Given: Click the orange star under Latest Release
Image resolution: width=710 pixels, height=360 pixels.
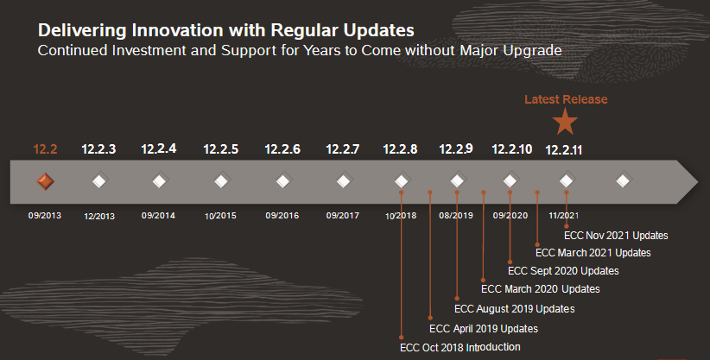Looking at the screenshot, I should pos(565,122).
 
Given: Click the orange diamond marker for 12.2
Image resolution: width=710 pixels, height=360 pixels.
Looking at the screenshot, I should pos(45,181).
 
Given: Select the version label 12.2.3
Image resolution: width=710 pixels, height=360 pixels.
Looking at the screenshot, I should pos(98,149).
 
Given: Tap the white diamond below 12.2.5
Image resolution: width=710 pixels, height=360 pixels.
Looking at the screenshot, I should pos(221,181).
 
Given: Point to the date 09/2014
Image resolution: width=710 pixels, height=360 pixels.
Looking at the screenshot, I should pos(159,215).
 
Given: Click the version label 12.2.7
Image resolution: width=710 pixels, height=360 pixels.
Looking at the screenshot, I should pos(343,149).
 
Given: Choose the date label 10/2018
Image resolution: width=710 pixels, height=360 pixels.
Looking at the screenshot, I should pos(401,215).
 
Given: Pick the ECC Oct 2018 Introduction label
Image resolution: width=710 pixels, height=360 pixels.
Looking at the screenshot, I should pos(460,347).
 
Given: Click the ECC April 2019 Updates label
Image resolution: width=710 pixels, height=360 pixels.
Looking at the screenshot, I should pos(484,328).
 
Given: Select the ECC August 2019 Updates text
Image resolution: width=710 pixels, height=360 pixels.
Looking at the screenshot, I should pos(514,308).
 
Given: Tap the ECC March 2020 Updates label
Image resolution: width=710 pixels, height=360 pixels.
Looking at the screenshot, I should pos(540,289).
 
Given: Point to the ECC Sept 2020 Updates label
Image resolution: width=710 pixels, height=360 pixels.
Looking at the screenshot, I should pos(563,271).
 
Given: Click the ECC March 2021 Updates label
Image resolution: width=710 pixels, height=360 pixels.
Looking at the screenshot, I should pos(593,252).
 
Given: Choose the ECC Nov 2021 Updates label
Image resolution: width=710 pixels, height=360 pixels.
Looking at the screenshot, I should pos(616,234).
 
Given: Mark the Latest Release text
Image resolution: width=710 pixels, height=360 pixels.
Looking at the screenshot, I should pos(566,99).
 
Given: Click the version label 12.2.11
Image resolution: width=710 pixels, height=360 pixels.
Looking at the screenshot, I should pos(564,149).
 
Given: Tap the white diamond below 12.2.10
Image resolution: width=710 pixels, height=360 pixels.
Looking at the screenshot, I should pos(510,181).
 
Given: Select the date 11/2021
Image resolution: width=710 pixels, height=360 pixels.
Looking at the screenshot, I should pos(563,215).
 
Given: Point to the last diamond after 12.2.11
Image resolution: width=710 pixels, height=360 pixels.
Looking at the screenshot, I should pos(623,181).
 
